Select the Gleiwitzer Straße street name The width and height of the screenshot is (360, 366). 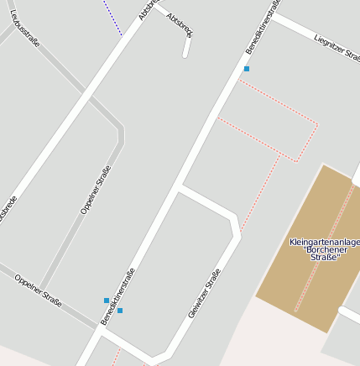click(205, 292)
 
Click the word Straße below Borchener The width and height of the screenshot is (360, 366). click(325, 258)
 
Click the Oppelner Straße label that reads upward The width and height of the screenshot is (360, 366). click(96, 190)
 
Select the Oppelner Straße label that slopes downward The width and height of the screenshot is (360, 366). click(38, 290)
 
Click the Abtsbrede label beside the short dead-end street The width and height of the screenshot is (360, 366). click(180, 24)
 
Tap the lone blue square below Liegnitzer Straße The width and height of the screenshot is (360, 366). click(247, 68)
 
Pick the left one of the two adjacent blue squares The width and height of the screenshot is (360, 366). click(107, 300)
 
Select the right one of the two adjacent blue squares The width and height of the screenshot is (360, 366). click(120, 311)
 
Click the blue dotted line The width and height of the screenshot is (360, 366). click(112, 18)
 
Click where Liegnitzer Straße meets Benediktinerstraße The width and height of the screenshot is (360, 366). click(274, 18)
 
